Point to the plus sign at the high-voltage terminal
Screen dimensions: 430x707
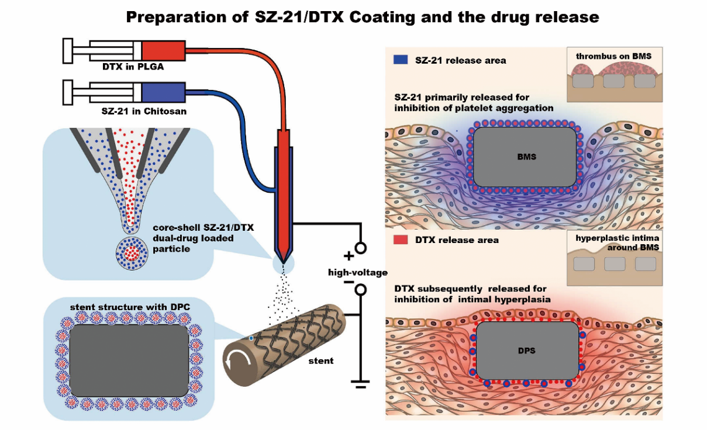point(349,255)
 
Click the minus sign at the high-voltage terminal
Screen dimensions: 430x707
point(349,283)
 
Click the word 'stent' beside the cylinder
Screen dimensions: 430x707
point(320,360)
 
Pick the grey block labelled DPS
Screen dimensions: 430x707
point(527,351)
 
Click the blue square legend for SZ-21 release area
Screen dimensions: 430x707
point(401,60)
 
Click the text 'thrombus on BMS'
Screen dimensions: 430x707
point(613,56)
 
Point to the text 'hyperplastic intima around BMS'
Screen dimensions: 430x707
point(613,243)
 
